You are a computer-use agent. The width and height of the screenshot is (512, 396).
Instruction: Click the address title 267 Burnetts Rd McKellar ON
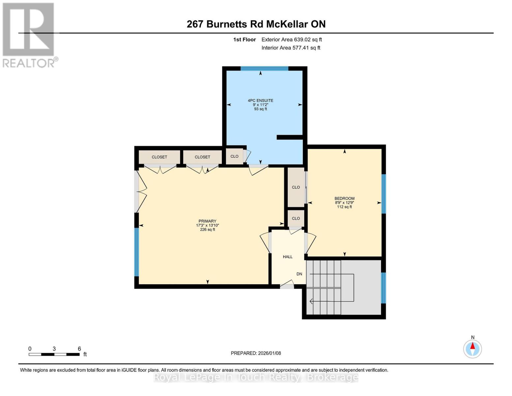pos(256,24)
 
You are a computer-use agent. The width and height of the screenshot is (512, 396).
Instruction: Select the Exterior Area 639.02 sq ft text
pos(291,40)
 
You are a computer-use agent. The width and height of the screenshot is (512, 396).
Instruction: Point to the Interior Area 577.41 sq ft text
pos(291,48)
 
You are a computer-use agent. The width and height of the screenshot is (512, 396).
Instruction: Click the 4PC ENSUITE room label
pos(260,101)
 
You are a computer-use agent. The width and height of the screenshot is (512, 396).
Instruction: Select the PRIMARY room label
pos(207,221)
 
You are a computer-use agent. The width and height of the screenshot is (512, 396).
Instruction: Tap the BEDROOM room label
pos(345,199)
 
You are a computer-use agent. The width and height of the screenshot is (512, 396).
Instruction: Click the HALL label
pos(287,257)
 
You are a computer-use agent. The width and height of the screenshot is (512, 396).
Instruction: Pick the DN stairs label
pos(299,274)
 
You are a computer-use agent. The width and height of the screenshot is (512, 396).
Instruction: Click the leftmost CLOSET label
pos(159,157)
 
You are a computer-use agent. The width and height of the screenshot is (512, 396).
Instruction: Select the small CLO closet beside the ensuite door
pos(234,156)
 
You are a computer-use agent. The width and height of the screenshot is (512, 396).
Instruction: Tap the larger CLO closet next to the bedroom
pos(296,187)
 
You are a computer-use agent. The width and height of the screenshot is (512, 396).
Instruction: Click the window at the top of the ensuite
pos(264,69)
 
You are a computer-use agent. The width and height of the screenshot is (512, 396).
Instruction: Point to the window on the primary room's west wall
pos(136,252)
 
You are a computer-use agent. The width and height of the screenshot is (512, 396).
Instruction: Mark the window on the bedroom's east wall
pos(383,194)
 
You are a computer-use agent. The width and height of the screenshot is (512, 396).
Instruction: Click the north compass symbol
pos(472,348)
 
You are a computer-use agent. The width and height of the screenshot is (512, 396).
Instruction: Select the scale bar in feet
pos(54,354)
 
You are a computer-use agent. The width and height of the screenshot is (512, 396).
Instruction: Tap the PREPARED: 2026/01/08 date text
pos(256,353)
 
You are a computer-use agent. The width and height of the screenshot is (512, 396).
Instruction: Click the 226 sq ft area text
pos(207,230)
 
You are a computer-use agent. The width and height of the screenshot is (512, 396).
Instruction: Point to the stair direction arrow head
pos(311,301)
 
